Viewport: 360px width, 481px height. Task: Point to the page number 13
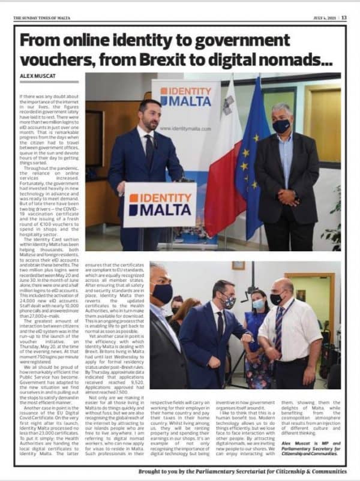pyautogui.click(x=344, y=18)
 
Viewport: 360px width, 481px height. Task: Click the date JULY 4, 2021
pyautogui.click(x=323, y=18)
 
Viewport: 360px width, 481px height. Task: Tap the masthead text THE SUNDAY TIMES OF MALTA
pyautogui.click(x=42, y=18)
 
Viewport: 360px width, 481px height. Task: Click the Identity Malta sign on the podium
pyautogui.click(x=159, y=205)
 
